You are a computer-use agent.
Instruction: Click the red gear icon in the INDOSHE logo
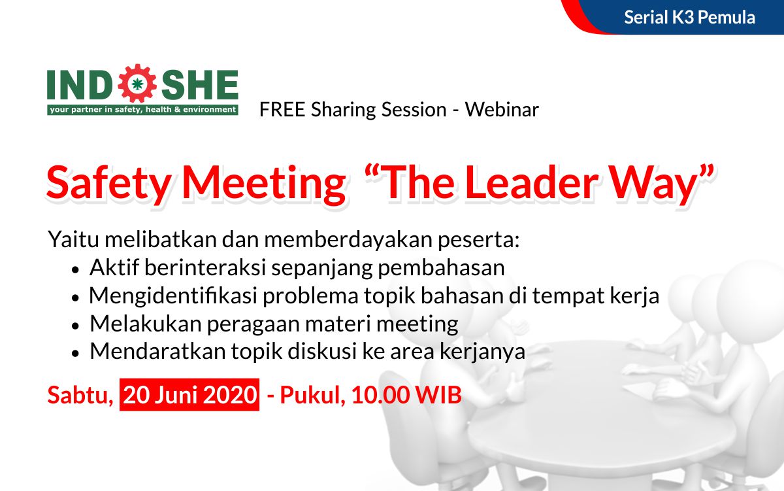pyautogui.click(x=137, y=83)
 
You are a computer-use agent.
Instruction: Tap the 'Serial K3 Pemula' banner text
pyautogui.click(x=689, y=18)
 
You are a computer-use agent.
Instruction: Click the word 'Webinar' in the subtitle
pyautogui.click(x=502, y=110)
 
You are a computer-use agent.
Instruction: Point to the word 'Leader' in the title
pyautogui.click(x=531, y=183)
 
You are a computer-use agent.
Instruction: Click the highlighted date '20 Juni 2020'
pyautogui.click(x=189, y=395)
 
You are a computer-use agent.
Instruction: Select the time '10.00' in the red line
pyautogui.click(x=380, y=395)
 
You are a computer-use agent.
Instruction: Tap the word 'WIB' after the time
pyautogui.click(x=438, y=395)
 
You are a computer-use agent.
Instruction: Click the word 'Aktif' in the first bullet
pyautogui.click(x=114, y=267)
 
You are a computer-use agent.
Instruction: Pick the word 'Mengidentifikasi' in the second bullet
pyautogui.click(x=173, y=296)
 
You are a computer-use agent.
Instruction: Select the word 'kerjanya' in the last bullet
pyautogui.click(x=482, y=352)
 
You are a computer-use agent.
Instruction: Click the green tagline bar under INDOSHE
pyautogui.click(x=143, y=110)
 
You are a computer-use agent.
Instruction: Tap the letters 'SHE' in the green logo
pyautogui.click(x=199, y=84)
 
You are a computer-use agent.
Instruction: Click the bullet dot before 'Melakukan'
pyautogui.click(x=75, y=326)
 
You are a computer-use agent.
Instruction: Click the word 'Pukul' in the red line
pyautogui.click(x=312, y=396)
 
